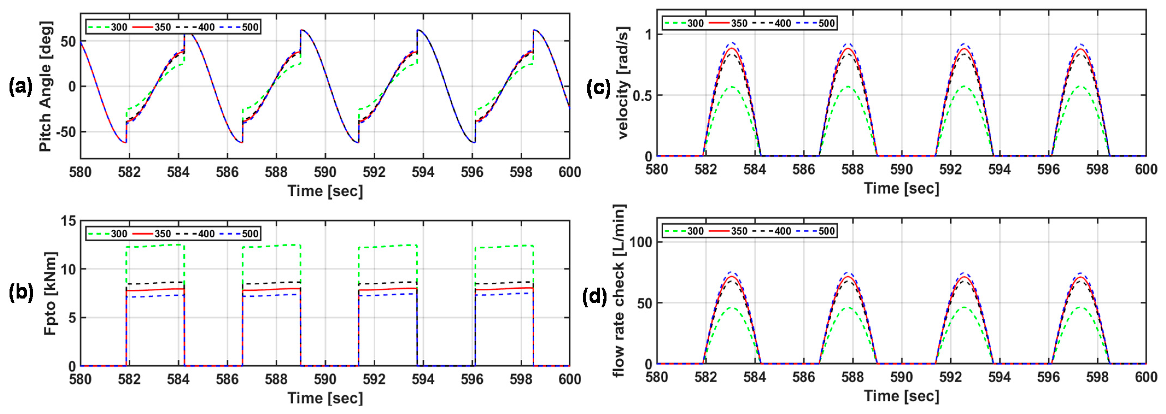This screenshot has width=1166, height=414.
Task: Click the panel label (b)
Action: tap(21, 294)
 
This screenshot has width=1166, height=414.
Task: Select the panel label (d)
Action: tap(594, 297)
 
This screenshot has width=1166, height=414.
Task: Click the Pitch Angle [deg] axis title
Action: tap(45, 86)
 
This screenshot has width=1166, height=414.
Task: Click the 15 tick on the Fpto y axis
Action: tap(69, 221)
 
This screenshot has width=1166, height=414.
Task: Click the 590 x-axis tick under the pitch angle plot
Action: tap(325, 172)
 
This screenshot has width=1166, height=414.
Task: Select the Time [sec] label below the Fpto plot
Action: tap(325, 398)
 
